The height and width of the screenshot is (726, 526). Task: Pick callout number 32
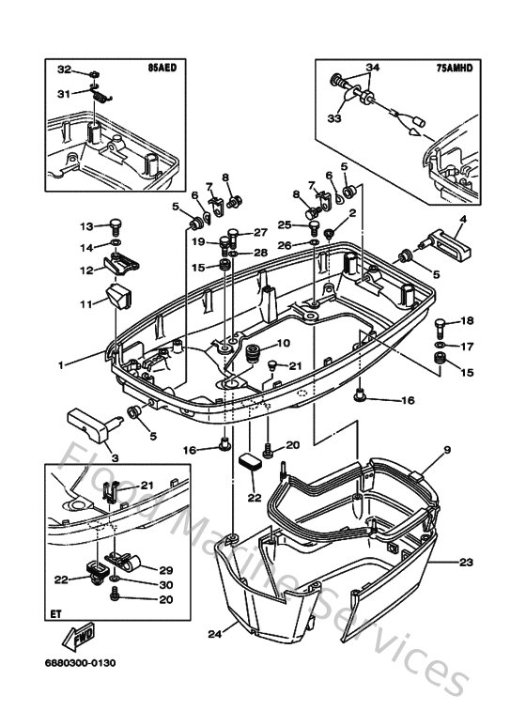[x=64, y=70]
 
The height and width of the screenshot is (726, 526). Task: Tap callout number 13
[x=85, y=226]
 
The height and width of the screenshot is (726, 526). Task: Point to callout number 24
[x=214, y=633]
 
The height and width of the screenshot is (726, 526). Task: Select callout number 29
[x=166, y=569]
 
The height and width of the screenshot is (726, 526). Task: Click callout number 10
[x=283, y=343]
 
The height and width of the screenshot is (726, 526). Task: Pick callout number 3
[x=117, y=456]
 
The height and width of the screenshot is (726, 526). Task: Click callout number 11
[x=85, y=304]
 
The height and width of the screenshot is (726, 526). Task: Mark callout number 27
[x=259, y=233]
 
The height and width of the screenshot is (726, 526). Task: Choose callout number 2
[x=351, y=213]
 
